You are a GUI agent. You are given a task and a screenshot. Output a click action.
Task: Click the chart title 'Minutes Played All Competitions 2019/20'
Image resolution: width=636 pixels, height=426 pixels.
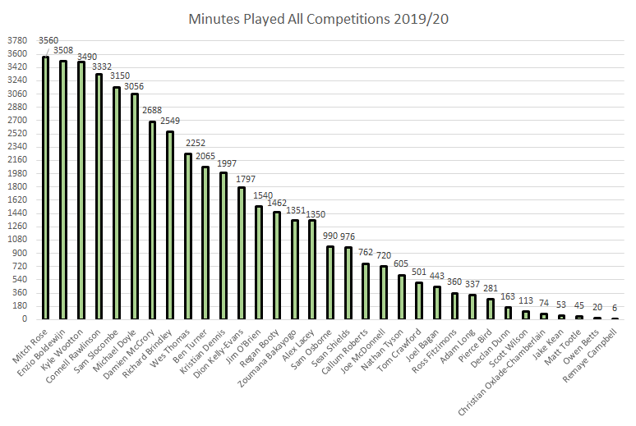click(317, 18)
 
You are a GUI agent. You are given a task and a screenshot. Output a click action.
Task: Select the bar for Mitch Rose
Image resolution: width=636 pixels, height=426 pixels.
click(45, 188)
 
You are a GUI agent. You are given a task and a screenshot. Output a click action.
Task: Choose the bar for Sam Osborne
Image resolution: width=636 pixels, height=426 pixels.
click(330, 282)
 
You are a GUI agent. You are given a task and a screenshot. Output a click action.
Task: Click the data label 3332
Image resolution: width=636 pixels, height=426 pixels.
click(99, 65)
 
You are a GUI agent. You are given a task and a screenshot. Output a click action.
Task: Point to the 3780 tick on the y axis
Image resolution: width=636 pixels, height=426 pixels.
click(16, 40)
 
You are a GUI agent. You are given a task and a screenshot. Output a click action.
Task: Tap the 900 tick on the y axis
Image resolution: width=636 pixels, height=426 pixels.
click(19, 253)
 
